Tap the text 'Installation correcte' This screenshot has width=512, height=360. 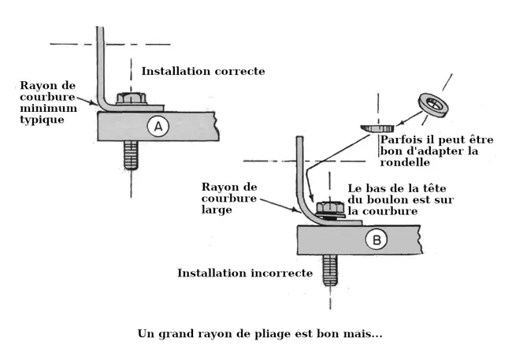pos(203,71)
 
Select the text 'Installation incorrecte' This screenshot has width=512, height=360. pos(245,273)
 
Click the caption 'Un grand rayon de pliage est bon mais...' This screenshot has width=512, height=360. pos(260,333)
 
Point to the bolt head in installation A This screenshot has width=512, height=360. pos(130,98)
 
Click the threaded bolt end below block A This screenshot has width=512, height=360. pos(131,154)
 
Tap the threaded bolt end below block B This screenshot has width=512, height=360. pos(330,269)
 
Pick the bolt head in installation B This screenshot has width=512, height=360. pos(328,209)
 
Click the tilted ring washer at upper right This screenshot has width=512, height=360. pos(432,105)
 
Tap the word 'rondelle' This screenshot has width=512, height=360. pos(405,163)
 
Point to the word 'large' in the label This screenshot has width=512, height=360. pos(217,211)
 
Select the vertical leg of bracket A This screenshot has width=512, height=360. pos(100,63)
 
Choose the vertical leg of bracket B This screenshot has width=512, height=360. pos(299,165)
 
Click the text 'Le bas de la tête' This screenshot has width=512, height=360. pos(390,188)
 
